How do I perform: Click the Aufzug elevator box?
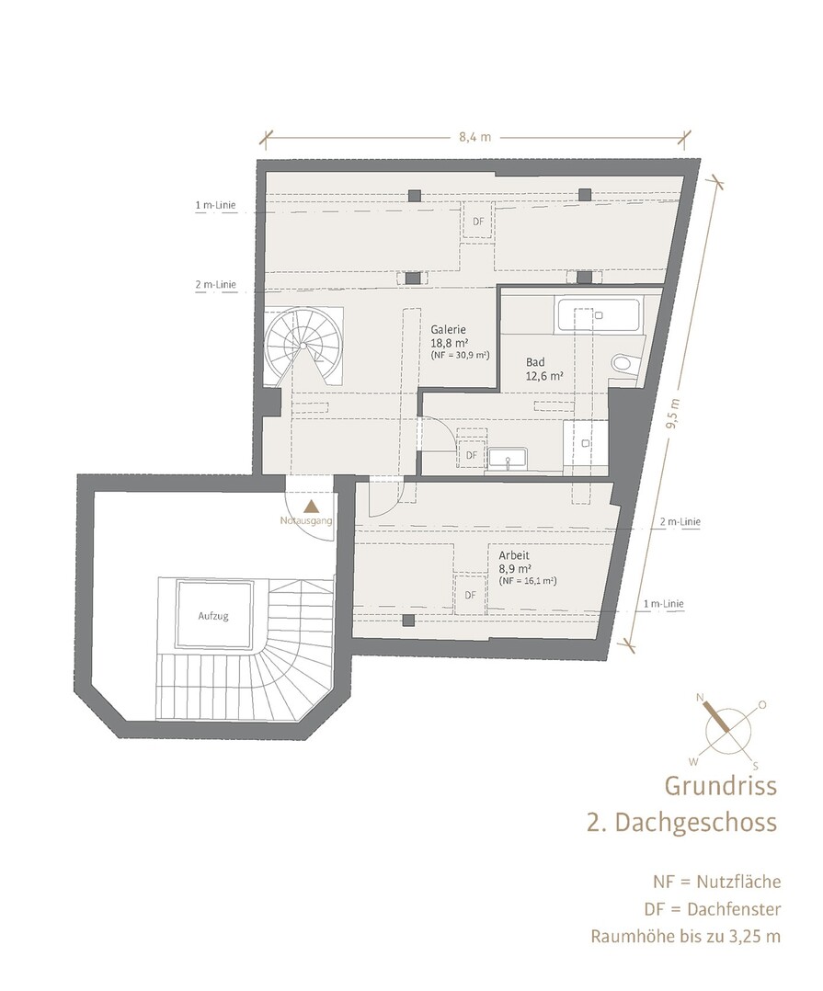tap(213, 615)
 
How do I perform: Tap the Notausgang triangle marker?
tap(310, 507)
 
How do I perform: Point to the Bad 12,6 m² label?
tap(544, 370)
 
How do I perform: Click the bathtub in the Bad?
tap(600, 314)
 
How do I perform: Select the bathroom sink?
tap(507, 459)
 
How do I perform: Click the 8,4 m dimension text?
tap(474, 136)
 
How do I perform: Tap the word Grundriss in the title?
tap(720, 786)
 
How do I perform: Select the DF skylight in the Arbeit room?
tap(470, 594)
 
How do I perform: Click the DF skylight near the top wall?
tap(478, 221)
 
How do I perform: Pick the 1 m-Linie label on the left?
tap(215, 205)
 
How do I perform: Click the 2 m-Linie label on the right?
tap(680, 522)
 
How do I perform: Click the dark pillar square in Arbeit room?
tap(409, 620)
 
